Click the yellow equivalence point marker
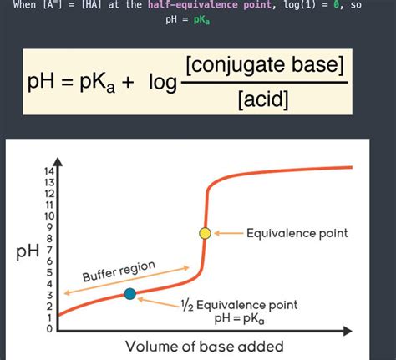coord(205,233)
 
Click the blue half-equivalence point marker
coord(129,293)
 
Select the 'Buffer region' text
coord(119,271)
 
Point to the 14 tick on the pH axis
coord(50,171)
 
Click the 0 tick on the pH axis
coord(50,328)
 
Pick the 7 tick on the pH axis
coord(50,250)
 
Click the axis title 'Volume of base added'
coord(205,346)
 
